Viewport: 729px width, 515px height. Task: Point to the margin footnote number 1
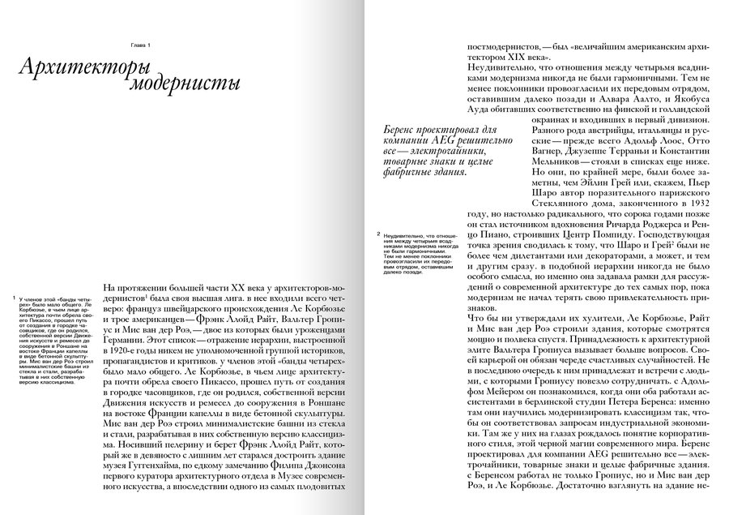coord(8,299)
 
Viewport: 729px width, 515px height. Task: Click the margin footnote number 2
coord(378,235)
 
